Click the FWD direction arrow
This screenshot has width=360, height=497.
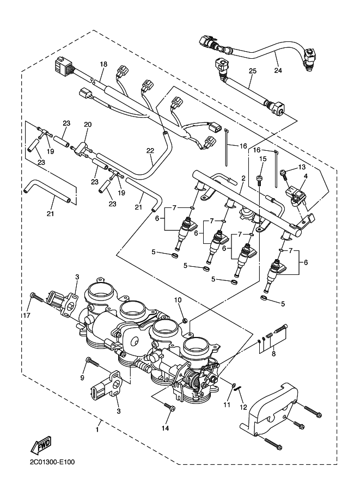tap(41, 444)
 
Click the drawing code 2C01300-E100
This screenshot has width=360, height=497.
tap(52, 462)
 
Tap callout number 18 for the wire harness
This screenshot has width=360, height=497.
tap(103, 64)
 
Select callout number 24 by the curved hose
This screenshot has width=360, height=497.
tap(278, 70)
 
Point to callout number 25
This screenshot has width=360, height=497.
tap(252, 71)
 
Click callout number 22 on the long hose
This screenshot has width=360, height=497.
tap(150, 151)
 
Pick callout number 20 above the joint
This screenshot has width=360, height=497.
tap(88, 125)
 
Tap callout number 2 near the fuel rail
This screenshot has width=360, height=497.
tap(243, 179)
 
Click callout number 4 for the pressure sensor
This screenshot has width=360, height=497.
tap(306, 176)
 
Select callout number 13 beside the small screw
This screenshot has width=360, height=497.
tap(301, 167)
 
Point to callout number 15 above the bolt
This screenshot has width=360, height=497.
tap(263, 158)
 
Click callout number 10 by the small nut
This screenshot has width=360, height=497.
tap(178, 299)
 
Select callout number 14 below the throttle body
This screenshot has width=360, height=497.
tap(165, 428)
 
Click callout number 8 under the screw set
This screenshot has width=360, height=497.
tap(273, 354)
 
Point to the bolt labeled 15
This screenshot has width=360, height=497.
tap(259, 180)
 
